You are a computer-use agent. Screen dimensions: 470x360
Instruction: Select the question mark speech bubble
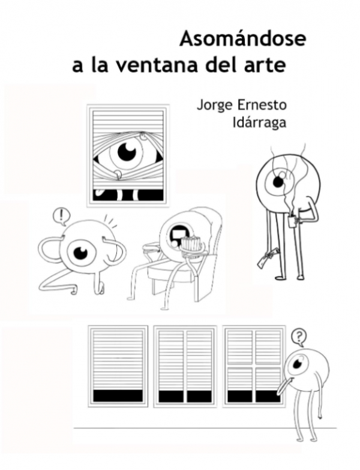click(x=298, y=337)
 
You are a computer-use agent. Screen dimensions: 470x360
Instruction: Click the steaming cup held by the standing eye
click(x=292, y=221)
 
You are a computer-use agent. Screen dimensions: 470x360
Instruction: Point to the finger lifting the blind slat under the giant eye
click(x=119, y=176)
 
